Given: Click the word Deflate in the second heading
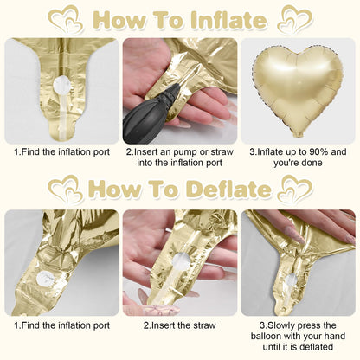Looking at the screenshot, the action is [229, 189].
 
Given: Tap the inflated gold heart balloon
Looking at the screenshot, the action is [298, 90].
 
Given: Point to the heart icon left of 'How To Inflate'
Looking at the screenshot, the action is [66, 19].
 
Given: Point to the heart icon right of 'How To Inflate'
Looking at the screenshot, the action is [295, 19].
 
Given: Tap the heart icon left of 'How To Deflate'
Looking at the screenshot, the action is [66, 188].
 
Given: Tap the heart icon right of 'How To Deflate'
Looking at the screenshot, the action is [295, 188].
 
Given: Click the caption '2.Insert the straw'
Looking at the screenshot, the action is [180, 325].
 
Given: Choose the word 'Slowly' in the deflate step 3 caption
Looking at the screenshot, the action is [281, 325].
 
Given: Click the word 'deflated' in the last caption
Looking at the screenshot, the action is [317, 346].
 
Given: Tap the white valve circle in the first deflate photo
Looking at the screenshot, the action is [45, 280].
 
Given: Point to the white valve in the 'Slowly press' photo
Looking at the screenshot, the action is [291, 280].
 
